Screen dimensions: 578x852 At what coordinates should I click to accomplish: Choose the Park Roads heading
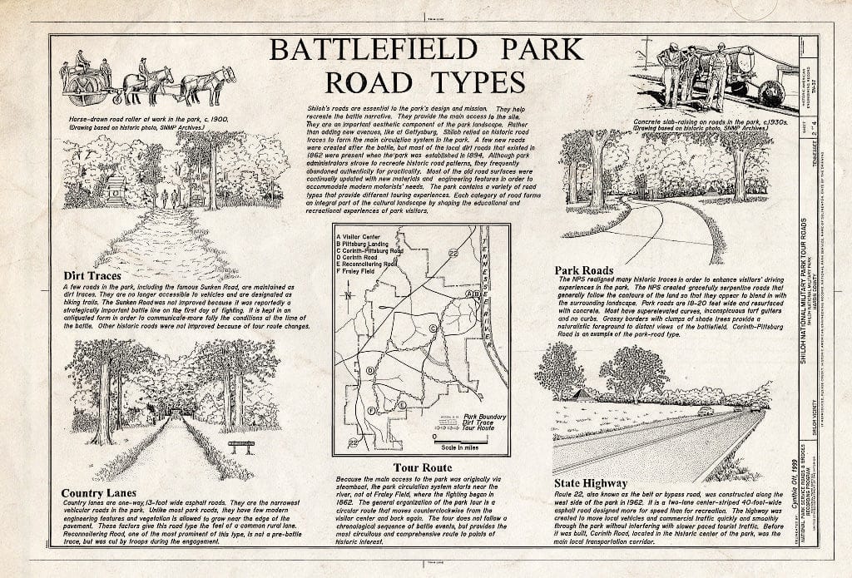click(x=584, y=269)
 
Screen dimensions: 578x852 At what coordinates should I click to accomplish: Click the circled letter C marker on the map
click(x=433, y=329)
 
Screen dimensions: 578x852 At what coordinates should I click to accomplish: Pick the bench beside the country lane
click(x=240, y=447)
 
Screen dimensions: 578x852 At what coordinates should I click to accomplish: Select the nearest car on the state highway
click(x=706, y=411)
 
